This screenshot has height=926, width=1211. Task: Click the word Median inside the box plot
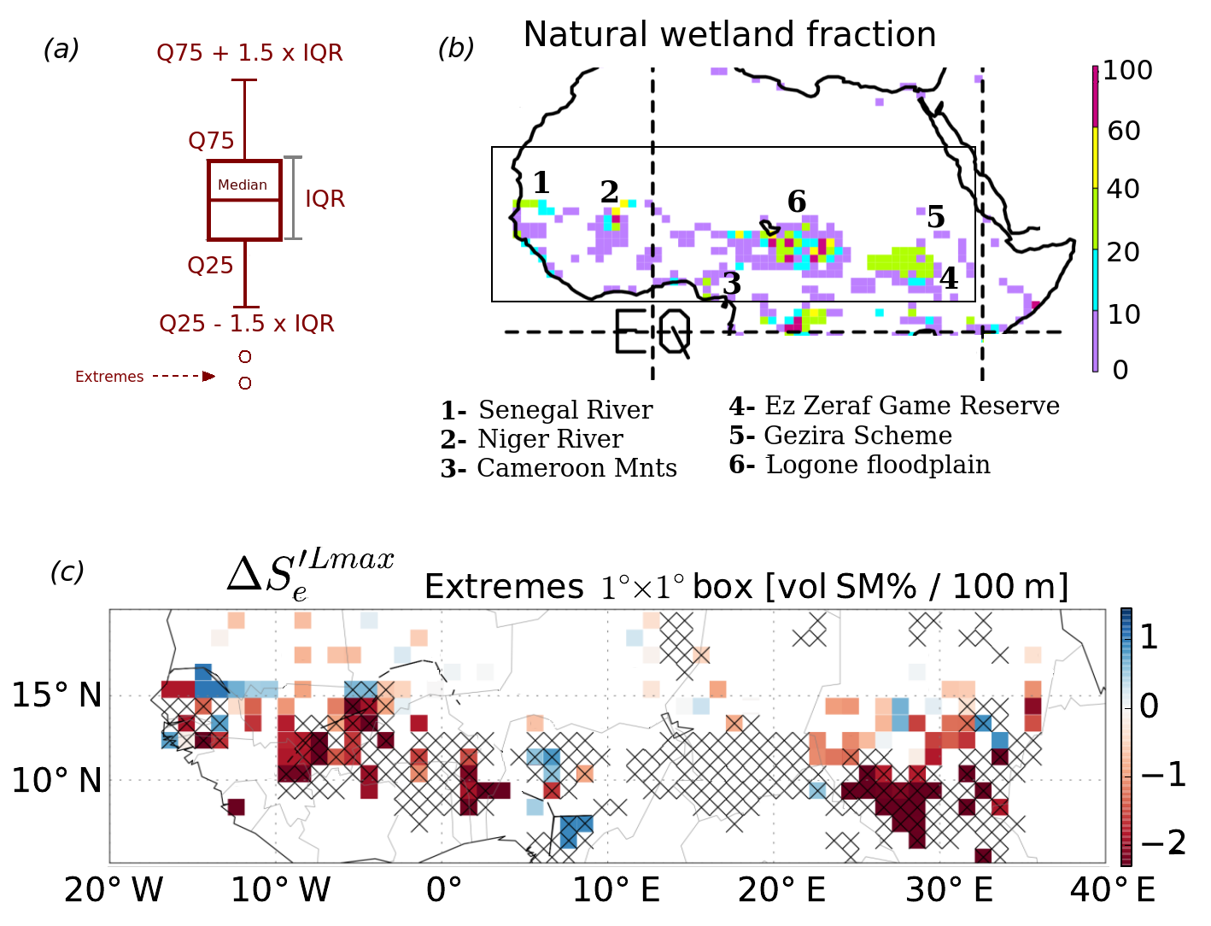[x=242, y=185]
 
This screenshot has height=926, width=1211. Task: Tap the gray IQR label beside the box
[x=325, y=199]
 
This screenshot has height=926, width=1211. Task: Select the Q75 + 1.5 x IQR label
[x=249, y=53]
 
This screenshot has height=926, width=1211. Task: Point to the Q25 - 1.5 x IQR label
[x=247, y=324]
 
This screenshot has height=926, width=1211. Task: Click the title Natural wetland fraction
[x=729, y=35]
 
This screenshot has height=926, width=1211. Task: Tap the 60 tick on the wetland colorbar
[x=1124, y=131]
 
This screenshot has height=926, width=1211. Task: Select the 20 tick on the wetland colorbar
[x=1124, y=252]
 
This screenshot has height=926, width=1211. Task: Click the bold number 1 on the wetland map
[x=541, y=182]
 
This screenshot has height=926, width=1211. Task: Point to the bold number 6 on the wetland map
[x=796, y=202]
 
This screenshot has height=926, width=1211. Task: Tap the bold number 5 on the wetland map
[x=936, y=217]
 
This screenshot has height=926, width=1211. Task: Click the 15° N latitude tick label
[x=56, y=695]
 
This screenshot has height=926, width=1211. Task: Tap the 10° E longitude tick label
[x=615, y=890]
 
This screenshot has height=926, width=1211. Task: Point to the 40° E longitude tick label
[x=1113, y=890]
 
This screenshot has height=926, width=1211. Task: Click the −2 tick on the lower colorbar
[x=1162, y=843]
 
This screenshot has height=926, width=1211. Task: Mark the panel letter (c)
[x=67, y=571]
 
